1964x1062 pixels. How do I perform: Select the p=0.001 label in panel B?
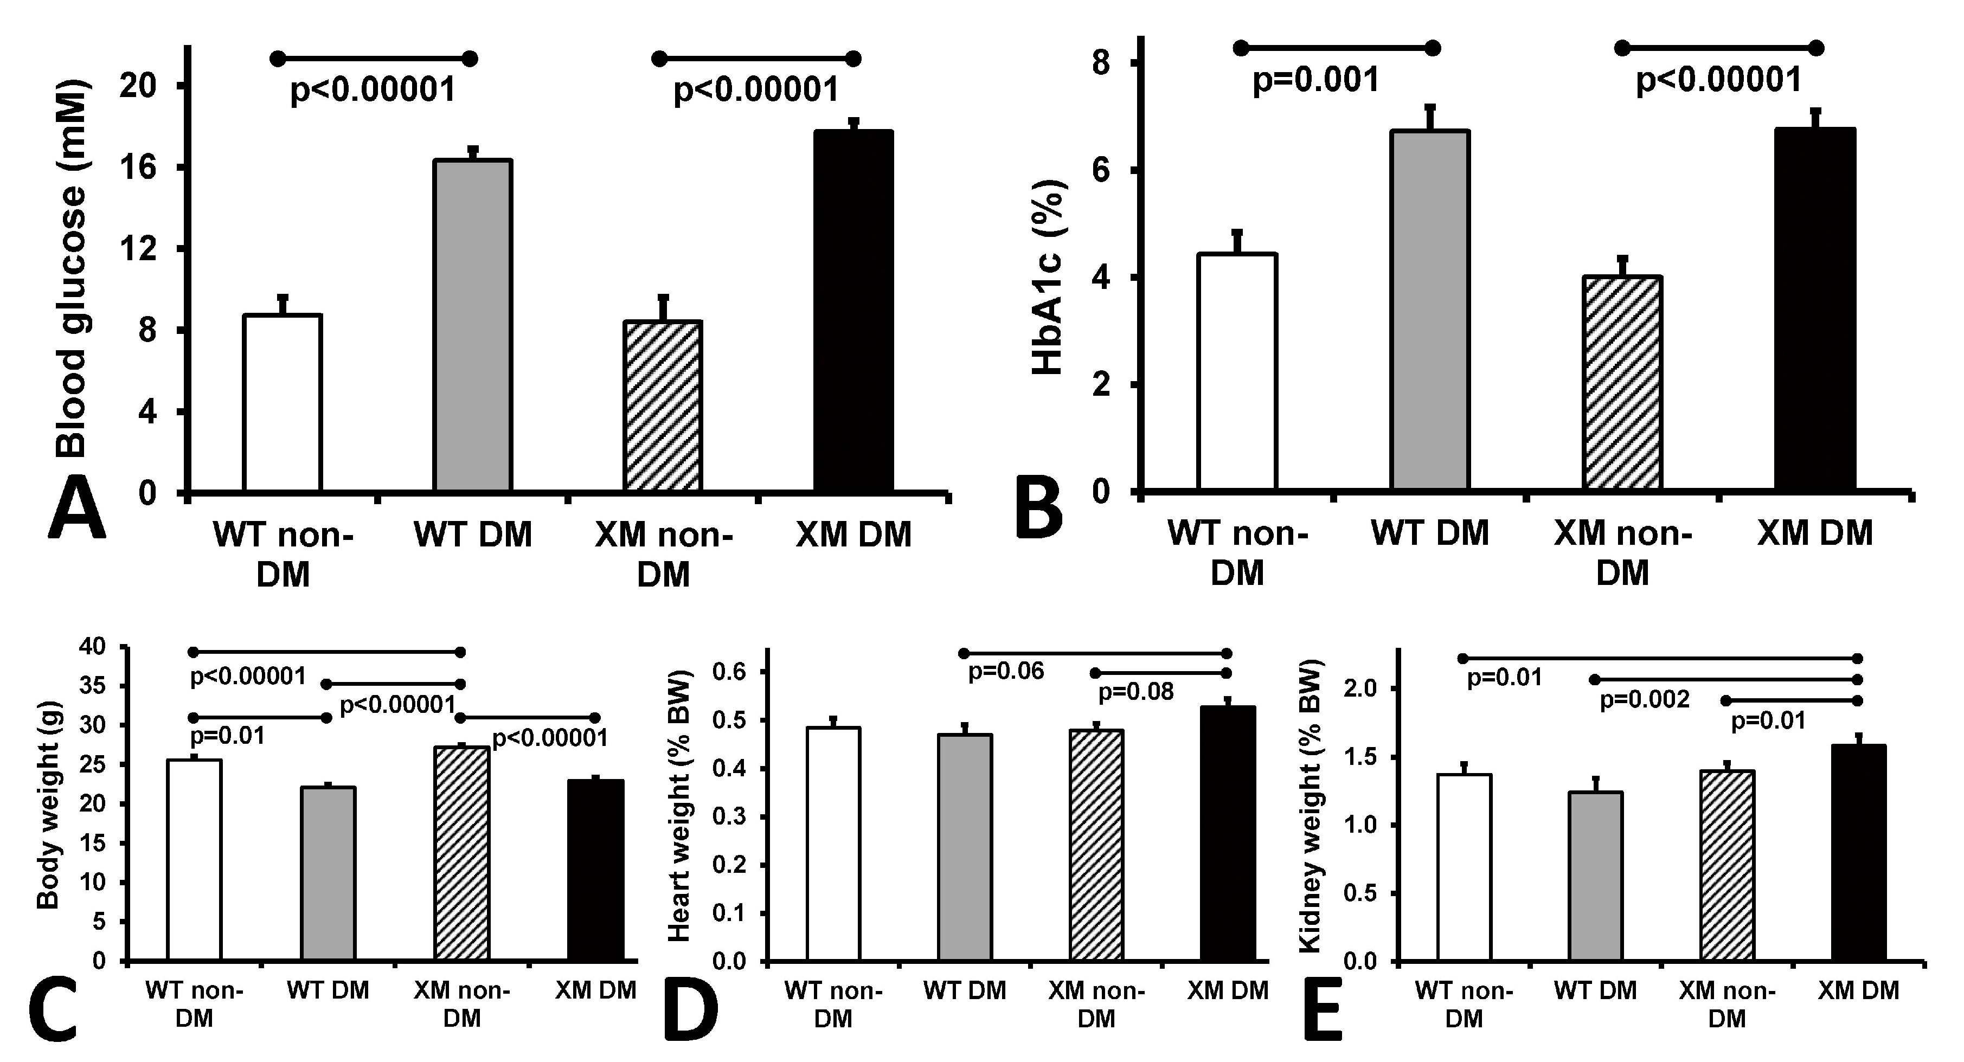[1316, 80]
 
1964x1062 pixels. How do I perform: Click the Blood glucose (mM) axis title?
[73, 271]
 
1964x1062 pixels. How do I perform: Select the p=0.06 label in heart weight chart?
[1006, 672]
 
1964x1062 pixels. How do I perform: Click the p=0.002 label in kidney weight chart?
[1645, 699]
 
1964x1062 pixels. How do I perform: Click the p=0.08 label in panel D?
[1135, 692]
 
